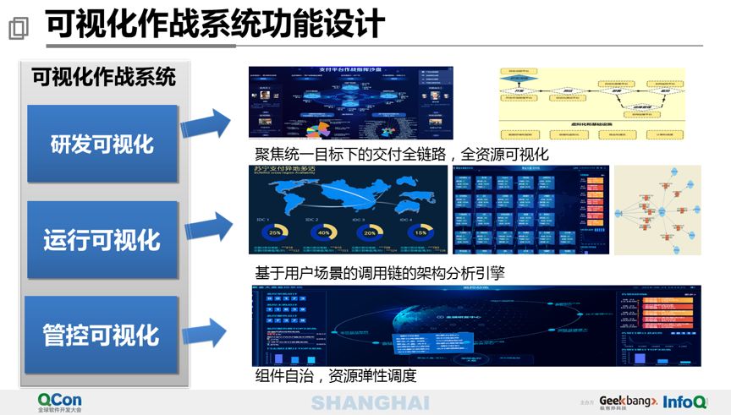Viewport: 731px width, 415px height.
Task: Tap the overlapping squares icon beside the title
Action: point(17,29)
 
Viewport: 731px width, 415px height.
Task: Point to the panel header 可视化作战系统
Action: point(103,77)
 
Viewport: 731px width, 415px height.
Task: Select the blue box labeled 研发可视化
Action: point(102,144)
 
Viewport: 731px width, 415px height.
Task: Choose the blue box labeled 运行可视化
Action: point(102,240)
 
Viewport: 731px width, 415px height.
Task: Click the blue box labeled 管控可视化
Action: point(102,335)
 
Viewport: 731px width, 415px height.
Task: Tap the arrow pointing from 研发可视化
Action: point(206,125)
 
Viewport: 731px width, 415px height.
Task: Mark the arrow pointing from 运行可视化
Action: point(206,227)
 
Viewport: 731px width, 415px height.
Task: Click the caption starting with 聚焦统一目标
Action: point(402,154)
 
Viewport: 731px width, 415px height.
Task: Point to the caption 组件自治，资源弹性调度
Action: point(336,375)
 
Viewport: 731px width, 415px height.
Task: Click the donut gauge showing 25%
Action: point(275,232)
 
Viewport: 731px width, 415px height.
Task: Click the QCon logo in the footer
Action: point(59,401)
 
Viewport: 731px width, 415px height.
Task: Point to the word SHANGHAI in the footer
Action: point(370,402)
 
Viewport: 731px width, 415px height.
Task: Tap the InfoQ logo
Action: point(686,401)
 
